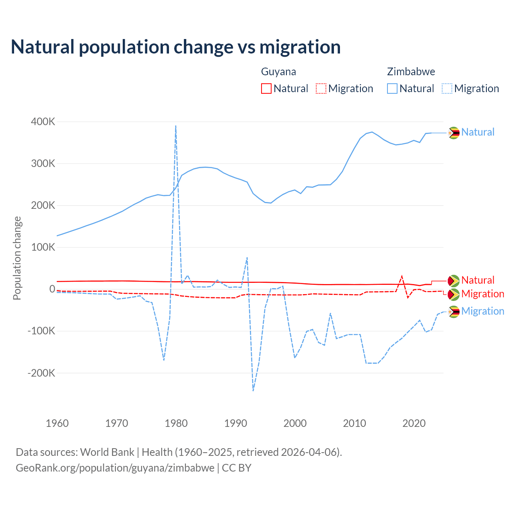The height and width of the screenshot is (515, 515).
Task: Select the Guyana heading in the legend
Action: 278,72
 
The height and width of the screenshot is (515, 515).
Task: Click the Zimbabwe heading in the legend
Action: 411,72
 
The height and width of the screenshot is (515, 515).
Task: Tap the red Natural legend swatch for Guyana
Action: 266,89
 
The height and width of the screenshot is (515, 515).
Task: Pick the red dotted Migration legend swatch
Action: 321,89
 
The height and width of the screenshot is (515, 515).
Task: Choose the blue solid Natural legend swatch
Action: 392,89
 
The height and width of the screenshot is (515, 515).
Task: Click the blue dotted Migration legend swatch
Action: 447,89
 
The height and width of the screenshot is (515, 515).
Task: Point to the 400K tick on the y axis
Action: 43,122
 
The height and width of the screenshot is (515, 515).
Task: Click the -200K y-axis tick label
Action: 41,373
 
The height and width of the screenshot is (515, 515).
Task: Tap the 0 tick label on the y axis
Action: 52,289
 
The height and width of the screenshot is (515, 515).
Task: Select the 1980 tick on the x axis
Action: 176,423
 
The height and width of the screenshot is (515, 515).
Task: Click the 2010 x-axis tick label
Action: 354,423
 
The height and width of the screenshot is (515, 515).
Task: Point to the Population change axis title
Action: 17,258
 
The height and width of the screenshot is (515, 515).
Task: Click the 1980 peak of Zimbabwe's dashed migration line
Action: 176,126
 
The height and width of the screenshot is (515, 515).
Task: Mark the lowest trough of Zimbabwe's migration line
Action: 253,390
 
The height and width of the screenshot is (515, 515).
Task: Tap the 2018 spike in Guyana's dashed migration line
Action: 402,276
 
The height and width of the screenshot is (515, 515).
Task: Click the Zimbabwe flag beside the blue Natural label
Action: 454,133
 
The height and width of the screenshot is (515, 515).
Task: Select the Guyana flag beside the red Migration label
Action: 454,295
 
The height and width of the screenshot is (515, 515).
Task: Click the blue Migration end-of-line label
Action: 482,311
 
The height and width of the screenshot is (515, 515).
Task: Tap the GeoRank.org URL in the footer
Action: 115,468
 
